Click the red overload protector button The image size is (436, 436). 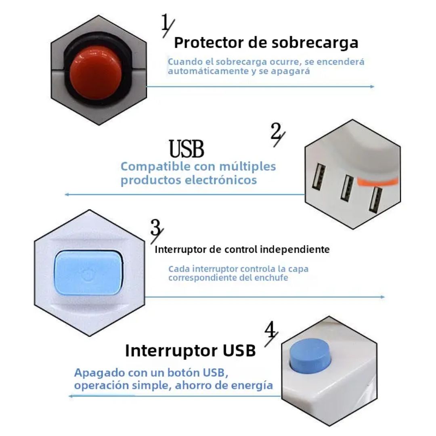(x=95, y=73)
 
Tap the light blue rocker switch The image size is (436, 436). (x=88, y=273)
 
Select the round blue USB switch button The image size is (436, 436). (x=310, y=356)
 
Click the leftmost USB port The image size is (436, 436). (x=319, y=177)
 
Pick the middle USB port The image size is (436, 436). (x=347, y=187)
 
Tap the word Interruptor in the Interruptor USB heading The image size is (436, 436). (x=171, y=350)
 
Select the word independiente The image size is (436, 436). (x=294, y=249)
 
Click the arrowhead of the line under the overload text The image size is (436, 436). (x=373, y=86)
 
